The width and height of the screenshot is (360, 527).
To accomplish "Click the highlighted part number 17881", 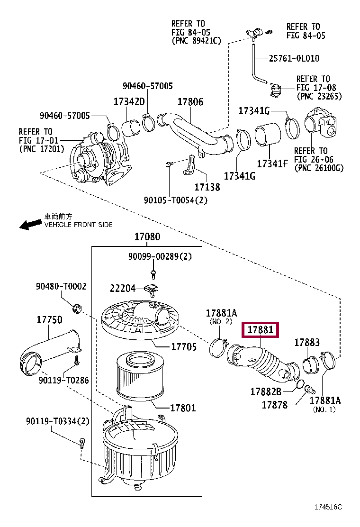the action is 260,330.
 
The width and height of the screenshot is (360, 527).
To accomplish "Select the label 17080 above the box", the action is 147,236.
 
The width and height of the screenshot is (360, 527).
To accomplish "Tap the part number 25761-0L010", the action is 294,58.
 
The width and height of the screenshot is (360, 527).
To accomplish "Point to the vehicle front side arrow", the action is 31,224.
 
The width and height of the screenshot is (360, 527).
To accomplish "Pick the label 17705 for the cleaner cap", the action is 184,346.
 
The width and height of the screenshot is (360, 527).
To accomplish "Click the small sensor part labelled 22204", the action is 152,290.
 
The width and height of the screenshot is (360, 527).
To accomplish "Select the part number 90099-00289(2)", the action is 160,256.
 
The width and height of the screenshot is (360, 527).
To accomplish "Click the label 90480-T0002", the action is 61,286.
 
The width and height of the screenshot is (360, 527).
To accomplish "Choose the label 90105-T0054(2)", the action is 176,200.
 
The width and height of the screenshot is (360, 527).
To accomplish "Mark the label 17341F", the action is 272,164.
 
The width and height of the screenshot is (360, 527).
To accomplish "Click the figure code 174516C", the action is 328,507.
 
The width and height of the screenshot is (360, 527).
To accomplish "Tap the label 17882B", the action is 266,391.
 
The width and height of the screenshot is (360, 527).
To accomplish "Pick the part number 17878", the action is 274,405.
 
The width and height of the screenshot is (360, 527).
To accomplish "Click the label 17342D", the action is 129,101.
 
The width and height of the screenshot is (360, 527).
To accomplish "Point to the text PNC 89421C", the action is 197,41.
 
